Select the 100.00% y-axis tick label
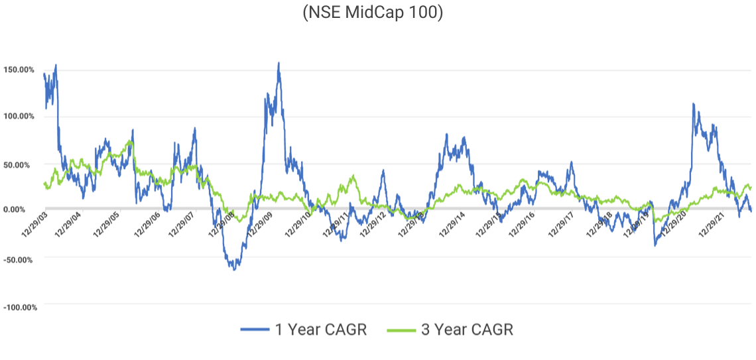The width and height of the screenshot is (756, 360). click(x=21, y=117)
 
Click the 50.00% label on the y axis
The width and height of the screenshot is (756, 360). click(x=23, y=164)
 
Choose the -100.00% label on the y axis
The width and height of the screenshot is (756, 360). click(x=20, y=307)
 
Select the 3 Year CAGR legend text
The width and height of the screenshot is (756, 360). click(x=468, y=330)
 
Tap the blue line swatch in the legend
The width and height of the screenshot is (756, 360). click(x=255, y=330)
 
